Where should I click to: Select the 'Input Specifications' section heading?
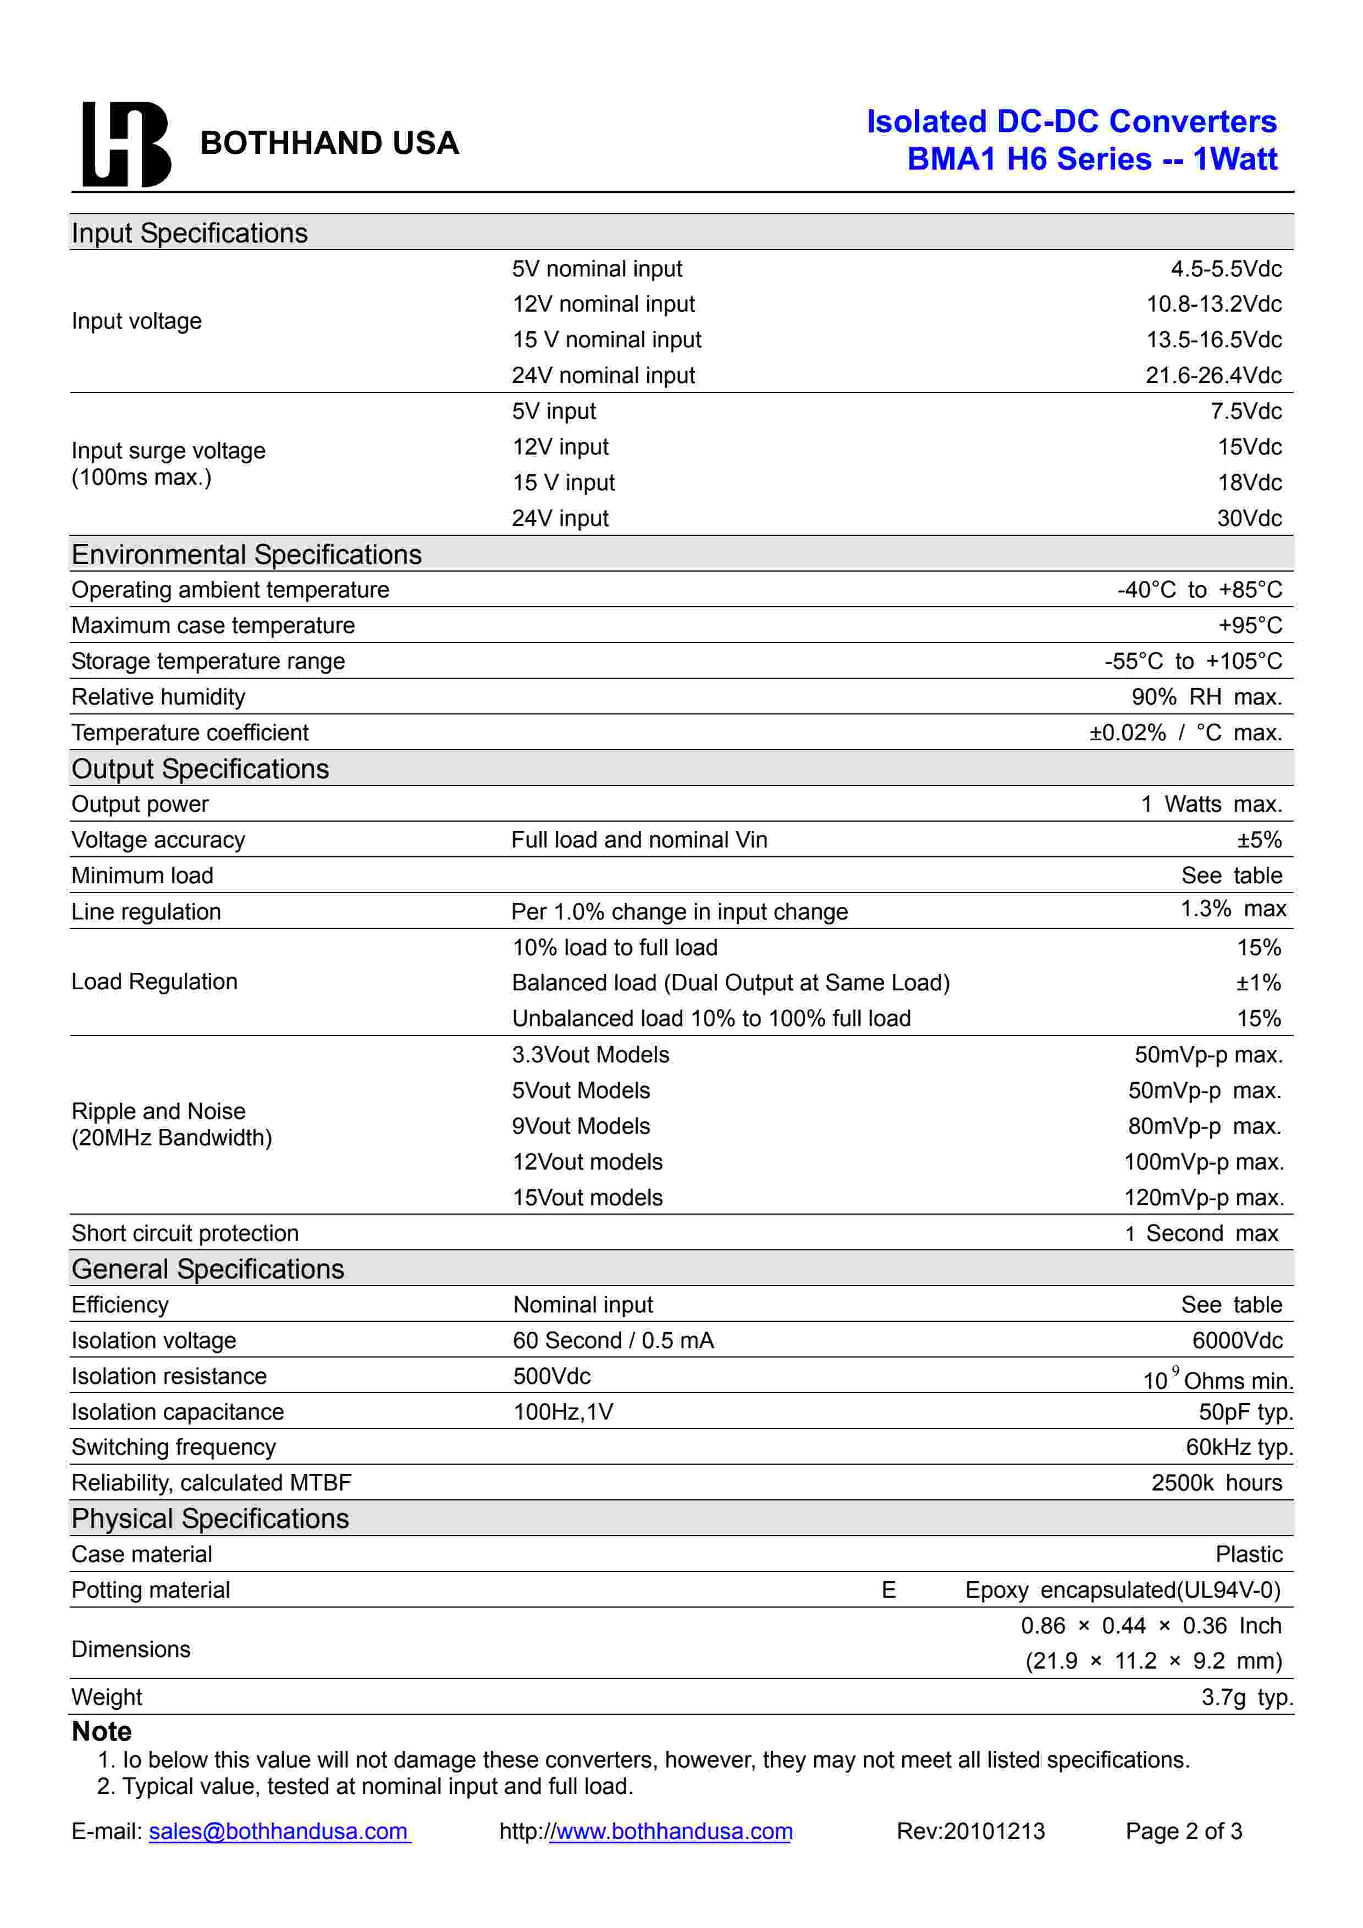pos(189,232)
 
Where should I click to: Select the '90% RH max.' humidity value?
pos(1206,697)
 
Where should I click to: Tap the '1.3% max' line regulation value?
pos(1233,908)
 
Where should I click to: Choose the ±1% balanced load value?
pos(1258,983)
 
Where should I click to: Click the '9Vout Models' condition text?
pos(581,1126)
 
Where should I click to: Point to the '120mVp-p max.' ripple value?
pos(1204,1198)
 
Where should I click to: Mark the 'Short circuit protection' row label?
pos(185,1233)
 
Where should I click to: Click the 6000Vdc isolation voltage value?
pos(1237,1340)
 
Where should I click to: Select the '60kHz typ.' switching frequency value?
pos(1239,1447)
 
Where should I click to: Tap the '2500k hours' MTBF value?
pos(1216,1483)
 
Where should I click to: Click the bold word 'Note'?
pos(102,1731)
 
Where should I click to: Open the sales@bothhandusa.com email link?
pos(279,1831)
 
